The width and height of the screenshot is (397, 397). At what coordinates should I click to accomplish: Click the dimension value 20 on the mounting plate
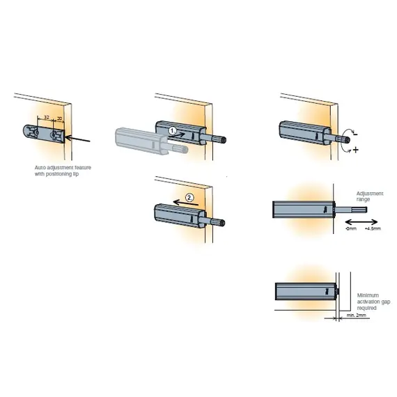pos(60,119)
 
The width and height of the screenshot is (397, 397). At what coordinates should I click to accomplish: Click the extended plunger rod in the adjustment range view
pos(352,208)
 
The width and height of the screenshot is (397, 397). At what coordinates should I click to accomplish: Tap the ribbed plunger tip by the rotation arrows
pos(345,139)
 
